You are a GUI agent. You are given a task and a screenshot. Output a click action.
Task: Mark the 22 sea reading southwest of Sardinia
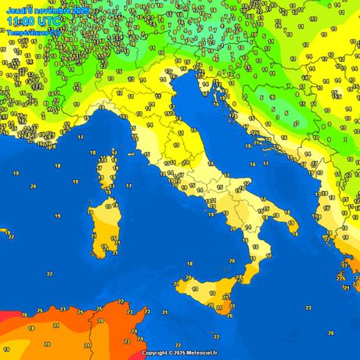click(x=49, y=274)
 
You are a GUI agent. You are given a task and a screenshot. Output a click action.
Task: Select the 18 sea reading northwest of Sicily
click(x=189, y=264)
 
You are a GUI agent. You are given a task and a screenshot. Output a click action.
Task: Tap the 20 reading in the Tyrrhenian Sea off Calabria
click(x=232, y=260)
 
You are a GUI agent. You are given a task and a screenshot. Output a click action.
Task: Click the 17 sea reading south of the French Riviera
click(x=81, y=137)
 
